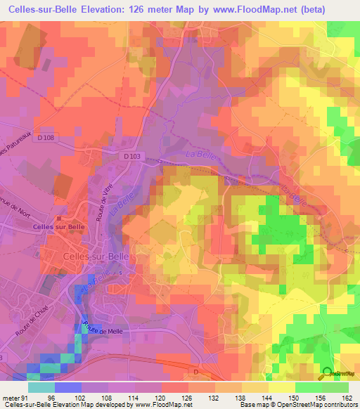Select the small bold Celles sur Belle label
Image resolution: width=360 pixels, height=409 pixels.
[x=58, y=227]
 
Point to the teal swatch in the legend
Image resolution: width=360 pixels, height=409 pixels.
[x=41, y=387]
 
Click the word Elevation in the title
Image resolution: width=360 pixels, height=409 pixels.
[x=124, y=9]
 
